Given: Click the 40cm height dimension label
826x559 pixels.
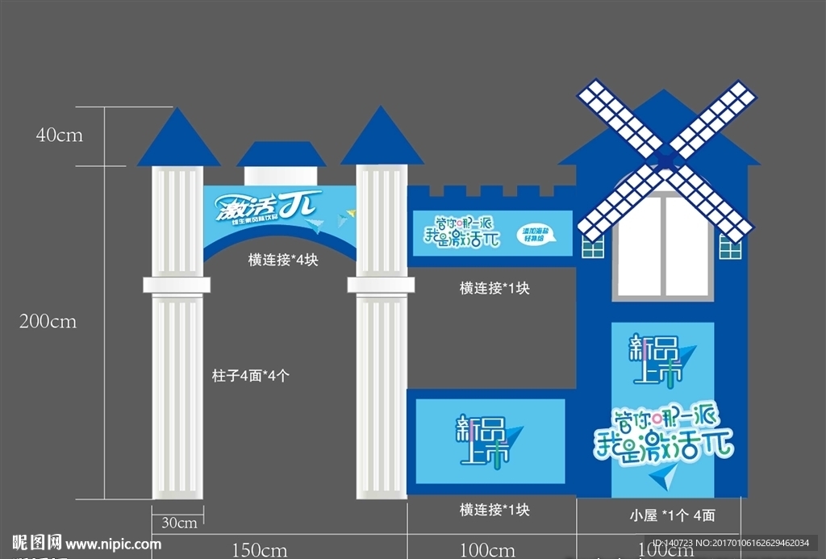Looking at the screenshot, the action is (x=59, y=136).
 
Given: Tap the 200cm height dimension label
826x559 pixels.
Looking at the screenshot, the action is (x=48, y=322).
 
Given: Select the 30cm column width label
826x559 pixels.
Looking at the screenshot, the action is (x=178, y=523).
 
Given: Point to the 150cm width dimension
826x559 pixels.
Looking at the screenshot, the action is (x=260, y=550).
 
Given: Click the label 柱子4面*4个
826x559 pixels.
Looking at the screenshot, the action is (x=250, y=375).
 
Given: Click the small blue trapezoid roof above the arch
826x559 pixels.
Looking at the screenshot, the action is (x=281, y=154).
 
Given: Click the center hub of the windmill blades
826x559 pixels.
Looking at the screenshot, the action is (x=667, y=160).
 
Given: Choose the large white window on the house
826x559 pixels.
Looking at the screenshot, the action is (x=663, y=245).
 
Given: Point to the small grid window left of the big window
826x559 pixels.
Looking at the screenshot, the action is (x=593, y=248).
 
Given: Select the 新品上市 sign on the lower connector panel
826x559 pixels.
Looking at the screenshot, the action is (x=484, y=440).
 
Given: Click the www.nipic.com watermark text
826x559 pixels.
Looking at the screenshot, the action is (x=113, y=544).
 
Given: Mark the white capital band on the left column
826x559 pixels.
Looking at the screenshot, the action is (x=177, y=284).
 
